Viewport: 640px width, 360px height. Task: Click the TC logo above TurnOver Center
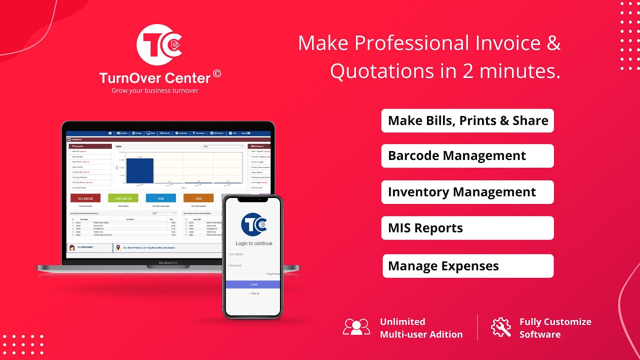click(x=159, y=45)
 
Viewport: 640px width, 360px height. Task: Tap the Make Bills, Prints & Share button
click(x=467, y=120)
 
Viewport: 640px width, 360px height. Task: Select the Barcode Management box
click(x=467, y=156)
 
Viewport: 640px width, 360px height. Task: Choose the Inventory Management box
click(x=467, y=192)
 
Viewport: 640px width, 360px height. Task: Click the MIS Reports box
click(x=467, y=228)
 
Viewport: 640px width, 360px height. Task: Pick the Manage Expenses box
click(x=467, y=266)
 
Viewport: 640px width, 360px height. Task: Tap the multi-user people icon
click(x=356, y=327)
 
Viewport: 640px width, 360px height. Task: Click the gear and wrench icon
click(x=501, y=327)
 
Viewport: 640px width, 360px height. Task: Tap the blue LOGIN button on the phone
click(x=253, y=284)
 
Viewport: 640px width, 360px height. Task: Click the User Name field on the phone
click(x=252, y=254)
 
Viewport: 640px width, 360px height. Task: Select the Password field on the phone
click(x=252, y=265)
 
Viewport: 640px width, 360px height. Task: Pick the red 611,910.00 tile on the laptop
click(x=85, y=198)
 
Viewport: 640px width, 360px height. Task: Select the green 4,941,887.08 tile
click(x=123, y=198)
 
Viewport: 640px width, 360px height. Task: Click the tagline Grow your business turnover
click(x=155, y=90)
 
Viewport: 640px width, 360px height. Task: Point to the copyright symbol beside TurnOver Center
click(x=217, y=73)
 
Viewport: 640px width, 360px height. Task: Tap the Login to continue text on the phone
click(x=254, y=243)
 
